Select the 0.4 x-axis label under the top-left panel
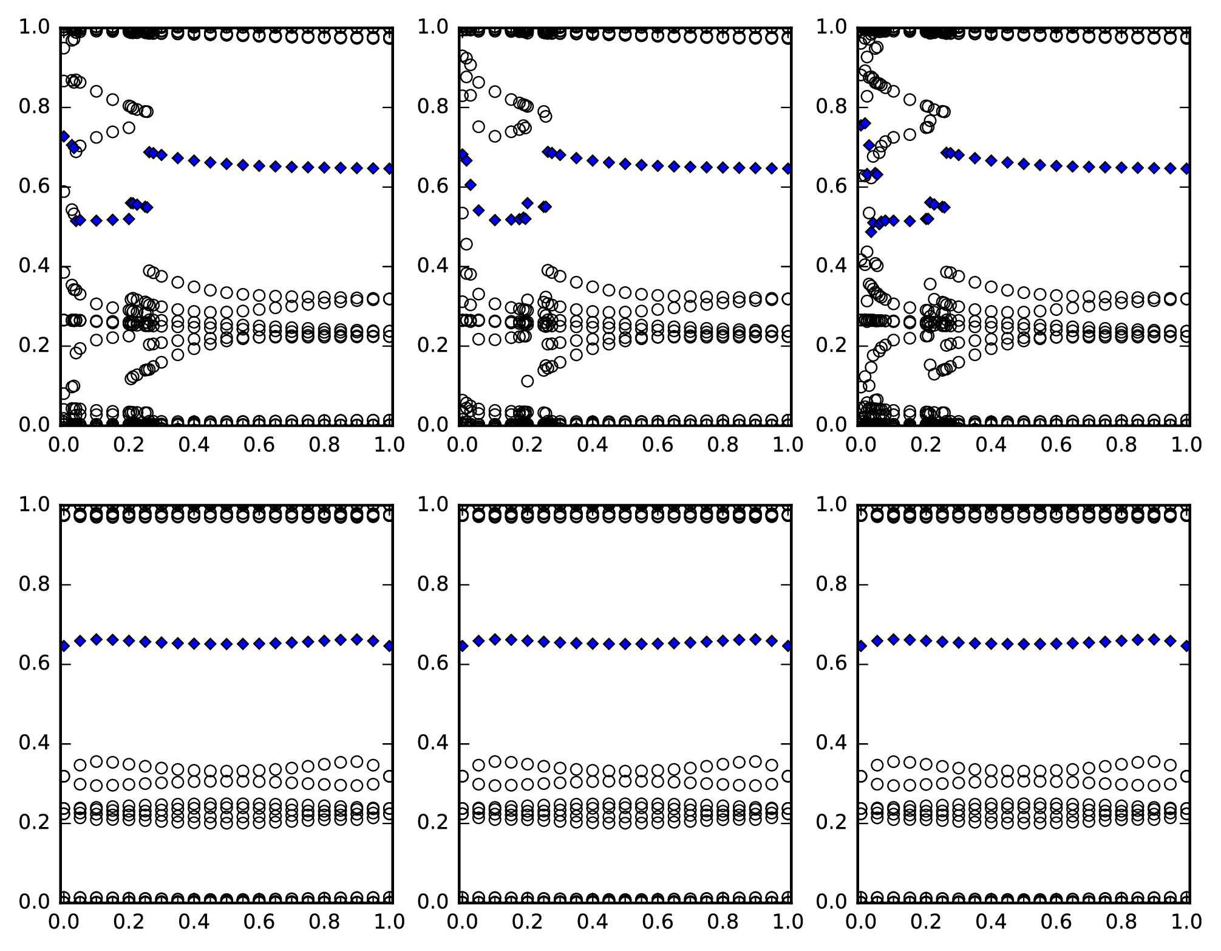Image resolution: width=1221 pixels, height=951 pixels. (x=194, y=445)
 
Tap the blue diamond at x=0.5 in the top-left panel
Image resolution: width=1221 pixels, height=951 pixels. (x=226, y=163)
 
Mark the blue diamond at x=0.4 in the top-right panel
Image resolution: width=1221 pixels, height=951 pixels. (x=991, y=160)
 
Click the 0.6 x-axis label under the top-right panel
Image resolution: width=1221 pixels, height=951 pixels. (x=1056, y=445)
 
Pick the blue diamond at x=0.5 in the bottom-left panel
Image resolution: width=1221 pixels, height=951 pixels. (x=226, y=644)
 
